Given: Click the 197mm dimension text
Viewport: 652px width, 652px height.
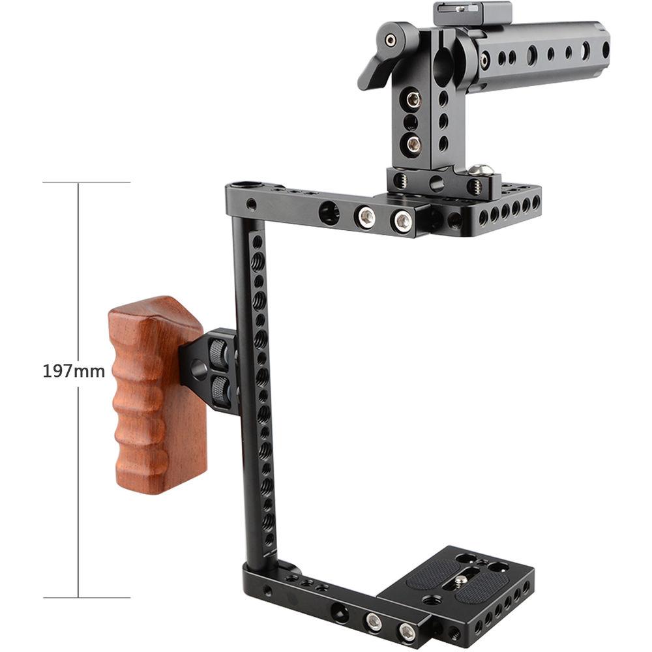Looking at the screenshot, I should [x=74, y=372].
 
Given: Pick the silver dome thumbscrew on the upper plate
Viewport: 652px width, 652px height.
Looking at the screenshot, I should [x=481, y=170].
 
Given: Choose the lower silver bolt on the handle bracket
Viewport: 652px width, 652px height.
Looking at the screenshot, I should [x=413, y=142].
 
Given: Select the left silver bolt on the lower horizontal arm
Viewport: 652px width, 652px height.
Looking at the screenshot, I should [x=374, y=622].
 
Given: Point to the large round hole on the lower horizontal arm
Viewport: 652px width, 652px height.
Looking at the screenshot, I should [x=340, y=612].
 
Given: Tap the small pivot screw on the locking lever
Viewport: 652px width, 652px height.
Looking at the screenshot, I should [x=391, y=40].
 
